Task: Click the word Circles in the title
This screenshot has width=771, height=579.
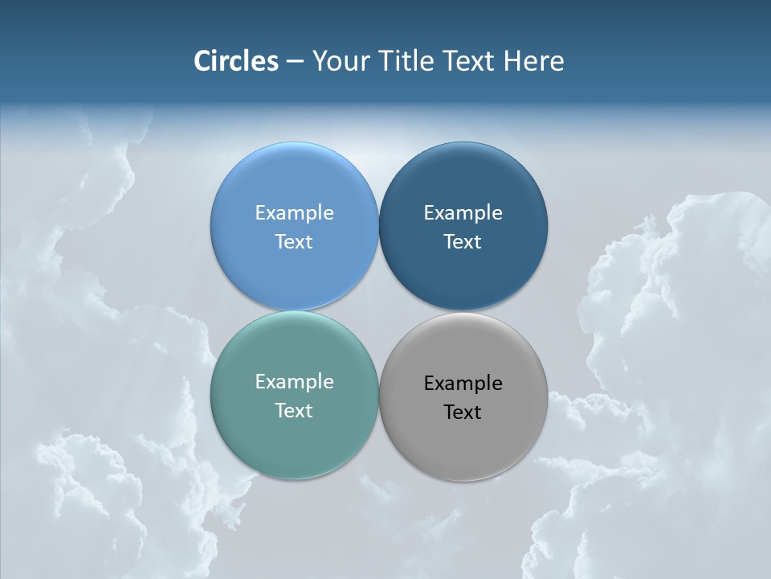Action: click(x=236, y=61)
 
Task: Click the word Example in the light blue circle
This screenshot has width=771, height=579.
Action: click(x=294, y=213)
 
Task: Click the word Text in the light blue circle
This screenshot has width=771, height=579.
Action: click(x=294, y=242)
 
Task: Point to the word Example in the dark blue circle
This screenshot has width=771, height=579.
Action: click(x=463, y=213)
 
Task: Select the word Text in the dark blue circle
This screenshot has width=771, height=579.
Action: click(x=463, y=242)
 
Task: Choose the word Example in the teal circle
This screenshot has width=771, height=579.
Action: click(x=294, y=382)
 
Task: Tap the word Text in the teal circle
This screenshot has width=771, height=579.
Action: click(x=294, y=411)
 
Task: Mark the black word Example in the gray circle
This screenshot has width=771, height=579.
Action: click(x=463, y=384)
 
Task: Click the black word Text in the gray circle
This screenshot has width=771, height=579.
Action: click(x=463, y=413)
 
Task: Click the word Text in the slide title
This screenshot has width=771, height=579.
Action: click(x=469, y=61)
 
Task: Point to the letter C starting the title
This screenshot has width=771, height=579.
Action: click(x=202, y=61)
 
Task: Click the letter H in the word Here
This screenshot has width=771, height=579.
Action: click(x=512, y=61)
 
